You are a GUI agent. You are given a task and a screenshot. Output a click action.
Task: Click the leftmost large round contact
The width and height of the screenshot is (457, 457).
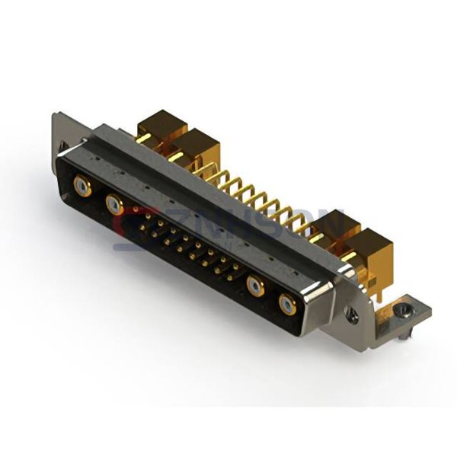point(82,185)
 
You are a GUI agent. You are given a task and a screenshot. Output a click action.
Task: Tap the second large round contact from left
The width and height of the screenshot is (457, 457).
point(115,203)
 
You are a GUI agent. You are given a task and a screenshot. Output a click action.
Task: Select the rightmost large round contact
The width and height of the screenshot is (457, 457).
point(287,305)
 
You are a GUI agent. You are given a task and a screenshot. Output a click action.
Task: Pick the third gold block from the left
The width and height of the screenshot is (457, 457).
point(335,228)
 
